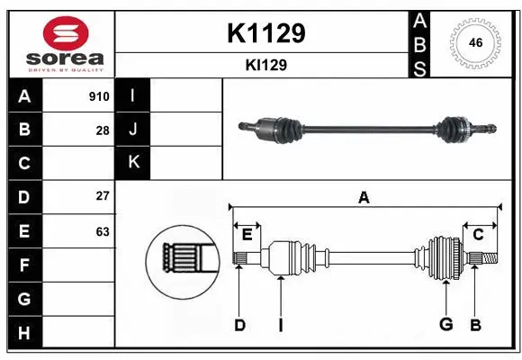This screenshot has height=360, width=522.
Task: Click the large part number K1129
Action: (x=265, y=32)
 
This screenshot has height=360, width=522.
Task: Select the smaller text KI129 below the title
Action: (x=265, y=65)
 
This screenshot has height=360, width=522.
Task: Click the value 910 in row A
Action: (x=99, y=96)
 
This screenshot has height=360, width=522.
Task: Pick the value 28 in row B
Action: (x=103, y=130)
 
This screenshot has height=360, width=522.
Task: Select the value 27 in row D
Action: (x=103, y=196)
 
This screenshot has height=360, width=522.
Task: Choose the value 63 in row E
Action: (x=103, y=231)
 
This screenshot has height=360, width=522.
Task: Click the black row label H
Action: (x=24, y=332)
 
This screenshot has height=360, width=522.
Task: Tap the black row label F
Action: (x=24, y=265)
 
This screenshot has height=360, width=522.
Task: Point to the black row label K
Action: (x=133, y=162)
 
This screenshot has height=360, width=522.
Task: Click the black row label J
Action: (x=133, y=130)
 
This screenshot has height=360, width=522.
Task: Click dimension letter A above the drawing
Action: (x=364, y=198)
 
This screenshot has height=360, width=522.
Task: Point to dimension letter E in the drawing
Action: (x=247, y=235)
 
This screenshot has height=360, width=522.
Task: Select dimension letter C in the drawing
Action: (x=478, y=235)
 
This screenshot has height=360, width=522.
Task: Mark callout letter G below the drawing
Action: (x=445, y=325)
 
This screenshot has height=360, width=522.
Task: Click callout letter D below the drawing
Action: (x=239, y=325)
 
